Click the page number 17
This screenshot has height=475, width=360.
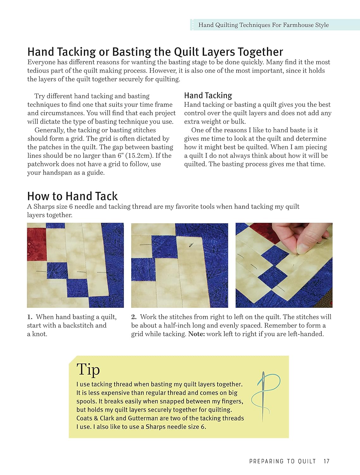pyautogui.click(x=326, y=461)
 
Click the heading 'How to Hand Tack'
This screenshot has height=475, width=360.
pyautogui.click(x=72, y=196)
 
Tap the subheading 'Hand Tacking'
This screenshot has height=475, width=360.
pyautogui.click(x=208, y=95)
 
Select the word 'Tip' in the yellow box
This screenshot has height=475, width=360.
pyautogui.click(x=88, y=370)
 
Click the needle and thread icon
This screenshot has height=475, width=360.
pyautogui.click(x=264, y=396)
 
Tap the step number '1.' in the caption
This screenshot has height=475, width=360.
pyautogui.click(x=30, y=317)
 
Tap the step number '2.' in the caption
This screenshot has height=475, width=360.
pyautogui.click(x=134, y=317)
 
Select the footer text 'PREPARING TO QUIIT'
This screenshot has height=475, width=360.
pyautogui.click(x=282, y=461)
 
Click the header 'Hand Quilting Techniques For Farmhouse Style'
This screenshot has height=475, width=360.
pyautogui.click(x=263, y=25)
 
